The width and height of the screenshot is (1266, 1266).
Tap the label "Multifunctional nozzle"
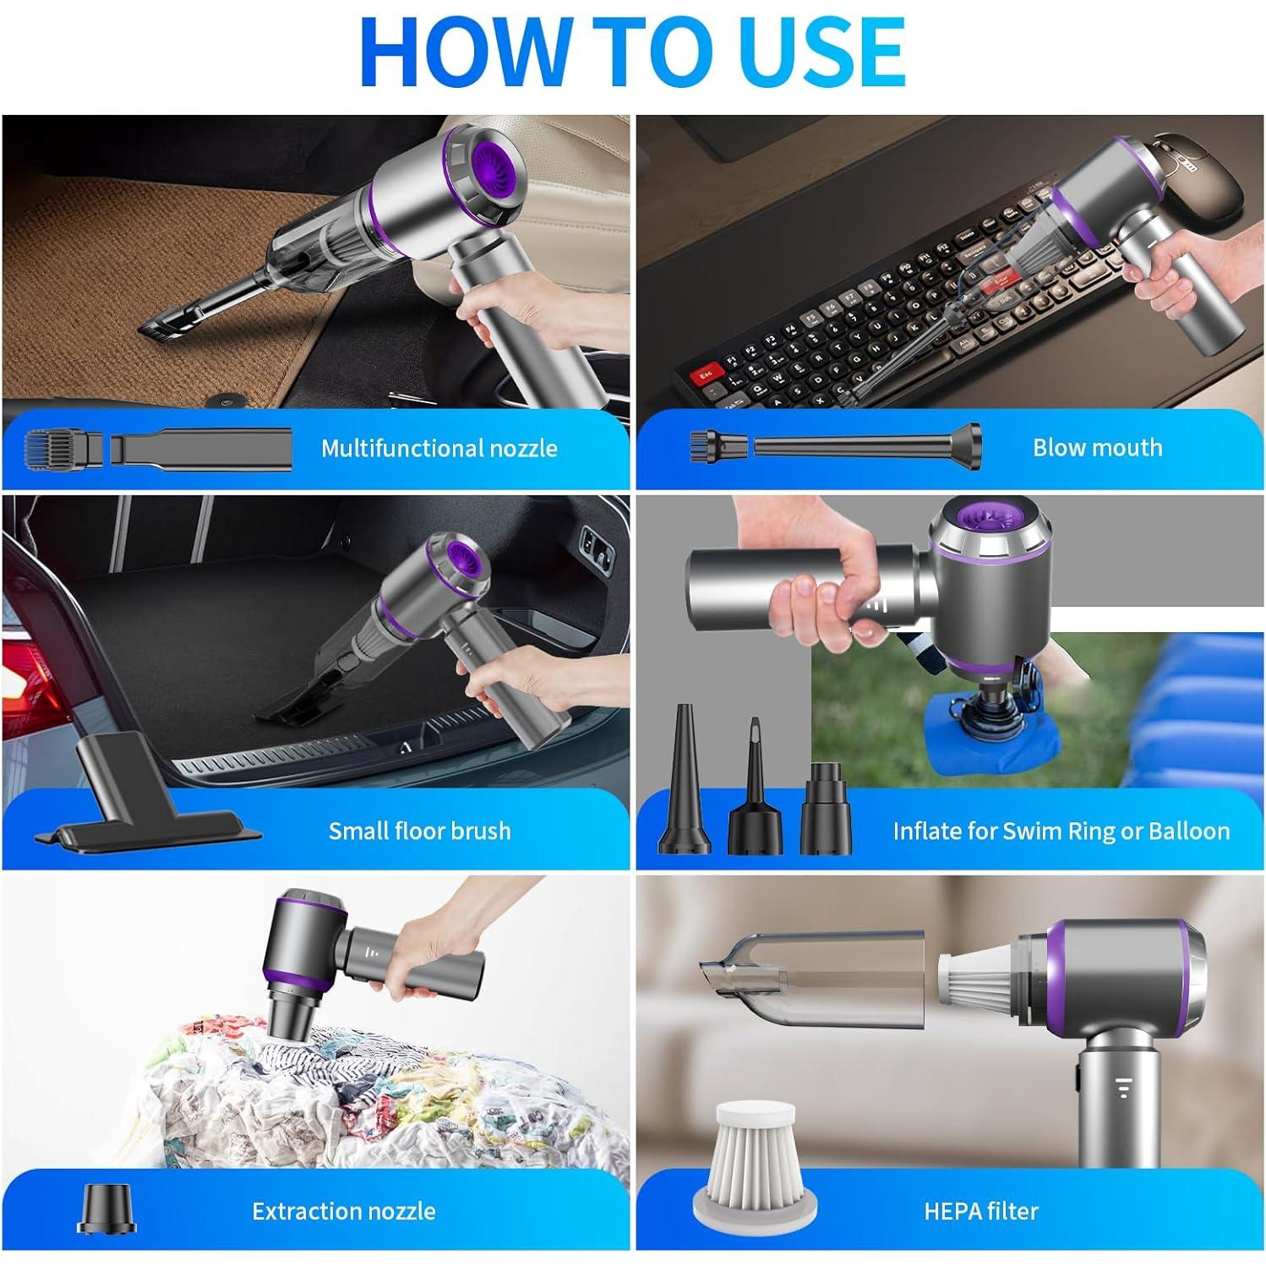click(x=439, y=448)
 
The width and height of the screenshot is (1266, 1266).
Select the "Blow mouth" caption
click(x=1097, y=447)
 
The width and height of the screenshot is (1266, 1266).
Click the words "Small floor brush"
click(x=420, y=831)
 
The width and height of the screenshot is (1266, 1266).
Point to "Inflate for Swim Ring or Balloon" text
click(x=1061, y=831)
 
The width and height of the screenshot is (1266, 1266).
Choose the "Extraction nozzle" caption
click(x=344, y=1211)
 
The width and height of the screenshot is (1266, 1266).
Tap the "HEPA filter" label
click(x=981, y=1211)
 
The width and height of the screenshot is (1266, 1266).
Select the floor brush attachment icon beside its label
click(x=149, y=792)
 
